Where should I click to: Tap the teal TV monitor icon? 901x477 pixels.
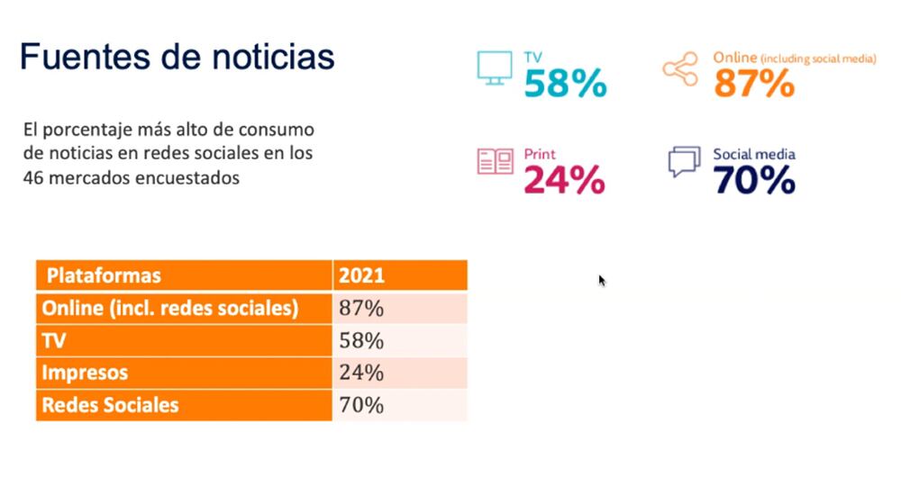pos(494,68)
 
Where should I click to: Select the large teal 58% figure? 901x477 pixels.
pos(565,84)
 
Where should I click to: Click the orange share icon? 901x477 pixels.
pos(680,70)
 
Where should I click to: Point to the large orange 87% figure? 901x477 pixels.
pos(754,84)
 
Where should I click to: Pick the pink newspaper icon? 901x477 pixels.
pos(495,162)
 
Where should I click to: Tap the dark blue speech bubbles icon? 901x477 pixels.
pos(684,162)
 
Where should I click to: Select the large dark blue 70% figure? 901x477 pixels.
pos(754,181)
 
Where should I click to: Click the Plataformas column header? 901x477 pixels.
pos(104,275)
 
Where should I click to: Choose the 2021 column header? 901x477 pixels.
pos(360,275)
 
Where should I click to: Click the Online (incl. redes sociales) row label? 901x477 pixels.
pos(170,308)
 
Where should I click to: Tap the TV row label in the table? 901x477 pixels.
pos(55,341)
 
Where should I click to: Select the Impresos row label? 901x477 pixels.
pos(86,373)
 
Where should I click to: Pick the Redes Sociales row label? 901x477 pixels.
pos(111,405)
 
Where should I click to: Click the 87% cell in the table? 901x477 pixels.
pos(361,308)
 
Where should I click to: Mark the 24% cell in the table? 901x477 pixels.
pos(361,373)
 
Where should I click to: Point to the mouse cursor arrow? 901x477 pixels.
pos(602,281)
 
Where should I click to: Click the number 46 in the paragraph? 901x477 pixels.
pos(35,178)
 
